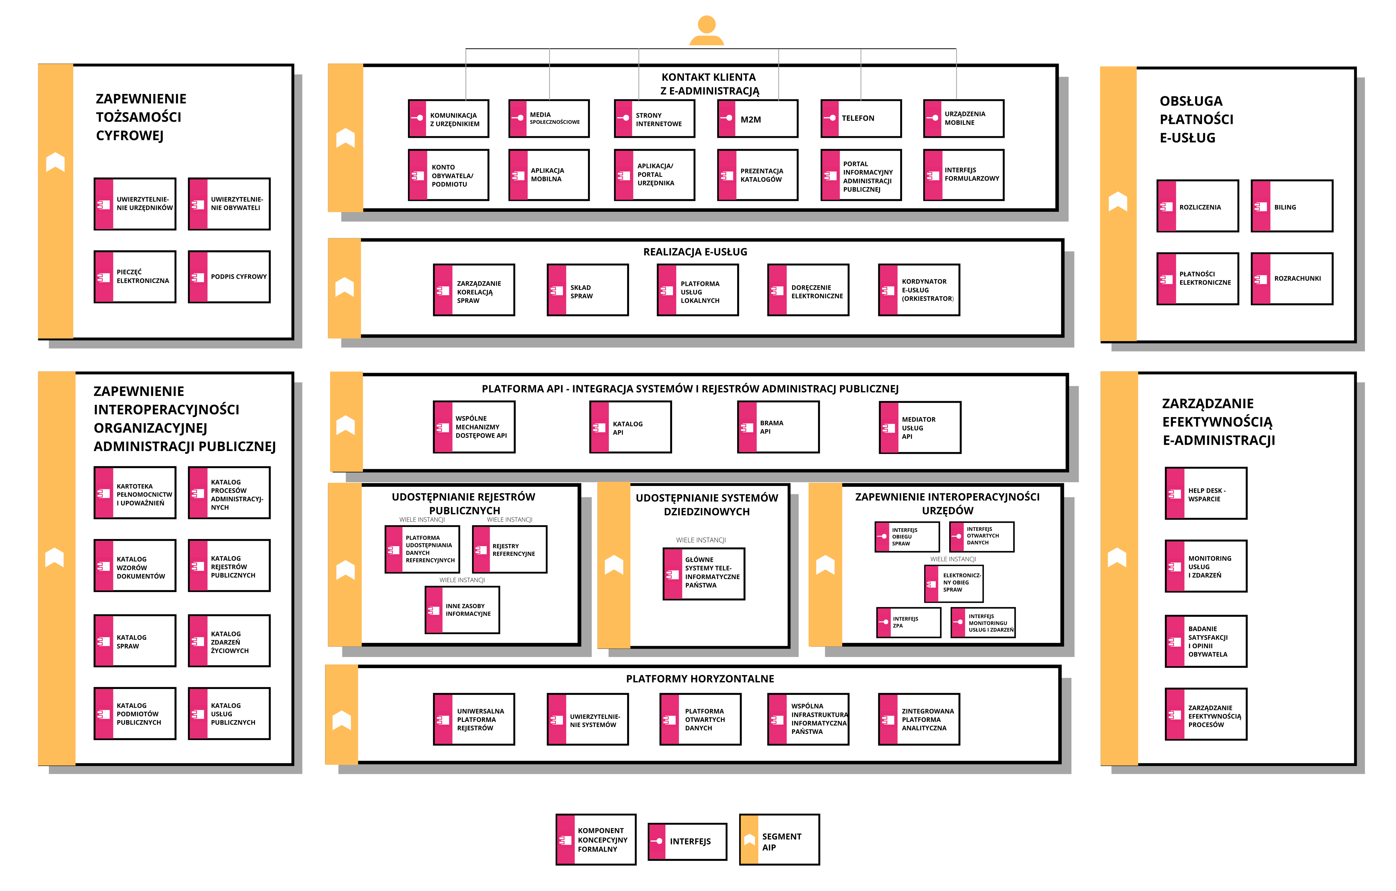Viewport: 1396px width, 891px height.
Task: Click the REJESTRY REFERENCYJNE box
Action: tap(510, 549)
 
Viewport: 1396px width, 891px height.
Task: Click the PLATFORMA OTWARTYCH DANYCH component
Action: tap(700, 719)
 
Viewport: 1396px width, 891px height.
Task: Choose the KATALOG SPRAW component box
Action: tap(135, 641)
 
